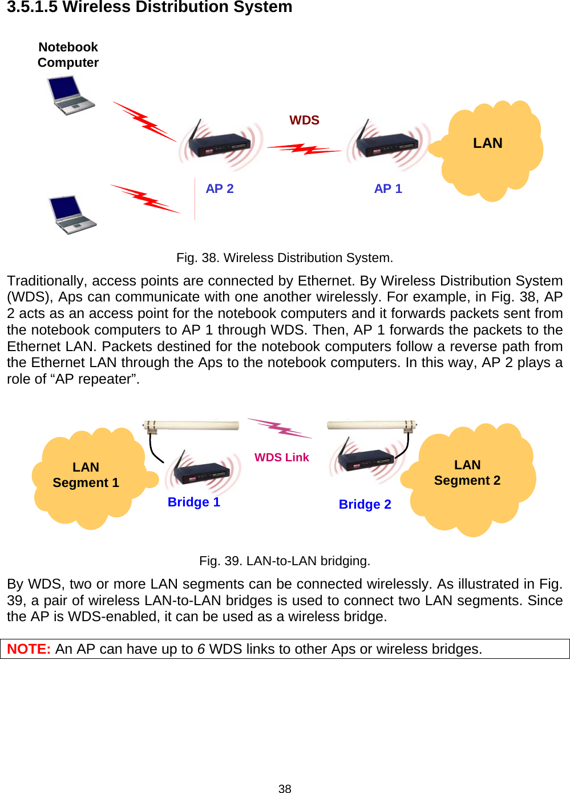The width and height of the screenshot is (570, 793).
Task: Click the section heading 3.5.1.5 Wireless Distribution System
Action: (149, 7)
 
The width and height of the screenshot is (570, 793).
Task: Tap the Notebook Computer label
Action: (68, 55)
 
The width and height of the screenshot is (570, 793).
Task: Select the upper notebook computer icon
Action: (70, 96)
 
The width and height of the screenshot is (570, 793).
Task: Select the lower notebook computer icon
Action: (72, 215)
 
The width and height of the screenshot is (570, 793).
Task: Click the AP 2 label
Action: (220, 189)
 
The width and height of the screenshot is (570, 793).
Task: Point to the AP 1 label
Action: (388, 189)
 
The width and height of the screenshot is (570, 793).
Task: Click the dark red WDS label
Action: (304, 120)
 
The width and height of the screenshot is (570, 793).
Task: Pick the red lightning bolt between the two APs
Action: (304, 150)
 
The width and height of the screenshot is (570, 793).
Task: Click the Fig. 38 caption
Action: (285, 258)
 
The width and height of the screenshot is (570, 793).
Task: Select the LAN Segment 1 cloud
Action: (88, 477)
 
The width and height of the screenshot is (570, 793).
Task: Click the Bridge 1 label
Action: (194, 502)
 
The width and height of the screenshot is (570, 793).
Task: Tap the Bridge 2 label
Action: (365, 505)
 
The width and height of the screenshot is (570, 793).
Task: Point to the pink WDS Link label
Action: (282, 458)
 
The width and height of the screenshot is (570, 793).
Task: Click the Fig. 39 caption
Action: (285, 561)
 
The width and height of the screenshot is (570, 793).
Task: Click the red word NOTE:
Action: (29, 649)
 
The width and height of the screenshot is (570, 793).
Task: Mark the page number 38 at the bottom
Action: (285, 788)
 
